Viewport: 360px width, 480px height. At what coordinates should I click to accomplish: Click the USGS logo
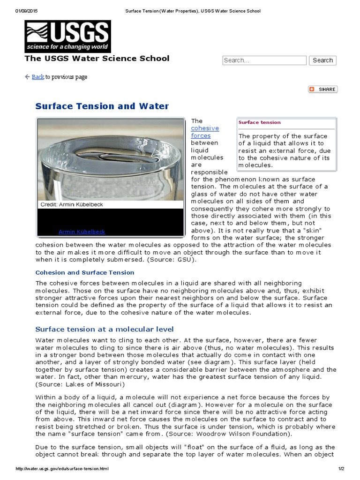pos(67,36)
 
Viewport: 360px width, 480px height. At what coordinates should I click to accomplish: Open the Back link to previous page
pos(37,77)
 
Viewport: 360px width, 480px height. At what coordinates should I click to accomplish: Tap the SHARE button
pos(322,89)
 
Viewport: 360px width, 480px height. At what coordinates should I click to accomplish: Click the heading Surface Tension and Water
pos(102,106)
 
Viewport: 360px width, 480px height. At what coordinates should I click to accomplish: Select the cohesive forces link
pos(204,132)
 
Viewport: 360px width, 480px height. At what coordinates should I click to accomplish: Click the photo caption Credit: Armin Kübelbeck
pos(71,204)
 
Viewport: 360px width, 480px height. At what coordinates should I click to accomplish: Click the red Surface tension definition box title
pos(259,122)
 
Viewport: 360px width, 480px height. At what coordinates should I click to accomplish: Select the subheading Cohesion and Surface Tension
pos(85,272)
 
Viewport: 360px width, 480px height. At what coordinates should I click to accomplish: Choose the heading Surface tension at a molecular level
pos(105,329)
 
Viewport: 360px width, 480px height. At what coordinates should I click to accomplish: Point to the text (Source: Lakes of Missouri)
pos(80,384)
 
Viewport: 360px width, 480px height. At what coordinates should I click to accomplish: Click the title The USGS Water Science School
pos(97,59)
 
